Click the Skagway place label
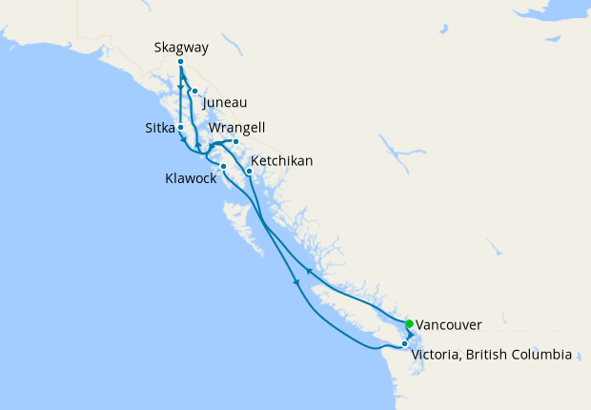(x=181, y=46)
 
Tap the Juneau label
(x=225, y=102)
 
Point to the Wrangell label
(x=238, y=127)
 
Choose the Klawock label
(x=189, y=177)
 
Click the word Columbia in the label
(x=543, y=355)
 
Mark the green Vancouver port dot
(x=409, y=323)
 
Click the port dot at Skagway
(x=180, y=62)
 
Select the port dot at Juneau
(x=194, y=92)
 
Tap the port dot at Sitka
(x=180, y=126)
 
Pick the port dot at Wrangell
(x=235, y=142)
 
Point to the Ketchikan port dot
(x=249, y=172)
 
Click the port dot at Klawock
(x=223, y=167)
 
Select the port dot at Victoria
(x=405, y=343)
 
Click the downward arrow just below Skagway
(x=180, y=83)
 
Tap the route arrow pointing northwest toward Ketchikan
(x=308, y=270)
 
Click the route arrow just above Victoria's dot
(x=411, y=336)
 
